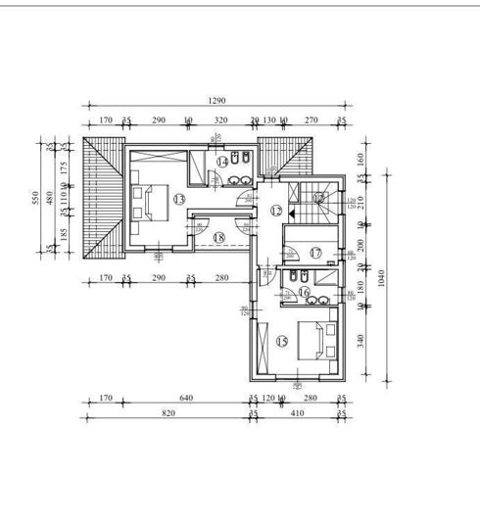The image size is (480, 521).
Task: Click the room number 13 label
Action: coord(178,199)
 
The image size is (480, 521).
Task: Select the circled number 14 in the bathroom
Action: coord(222,162)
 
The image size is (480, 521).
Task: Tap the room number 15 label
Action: coord(282,342)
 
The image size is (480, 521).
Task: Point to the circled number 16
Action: coord(304,292)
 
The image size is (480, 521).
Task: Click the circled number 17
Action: coord(315,253)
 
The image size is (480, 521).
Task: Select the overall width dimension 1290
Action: coord(216,101)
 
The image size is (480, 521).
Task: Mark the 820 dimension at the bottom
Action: coord(168,414)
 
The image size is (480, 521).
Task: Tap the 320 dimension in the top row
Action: coord(220,120)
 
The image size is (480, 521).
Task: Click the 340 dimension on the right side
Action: coord(360,341)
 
